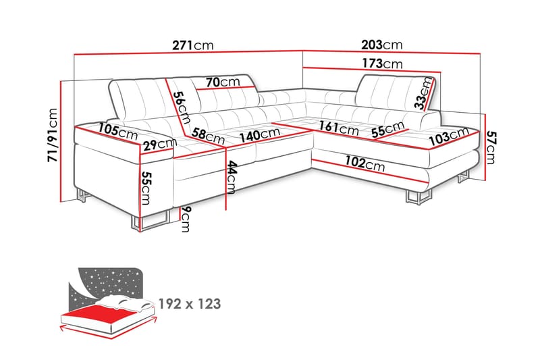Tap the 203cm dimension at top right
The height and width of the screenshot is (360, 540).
382,45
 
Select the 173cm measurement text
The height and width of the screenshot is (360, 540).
382,64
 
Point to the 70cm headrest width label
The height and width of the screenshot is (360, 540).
223,82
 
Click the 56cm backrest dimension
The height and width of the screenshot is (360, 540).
179,106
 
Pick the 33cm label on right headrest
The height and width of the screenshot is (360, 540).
425,93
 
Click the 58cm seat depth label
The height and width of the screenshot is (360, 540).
207,136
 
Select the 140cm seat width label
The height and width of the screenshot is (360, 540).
259,134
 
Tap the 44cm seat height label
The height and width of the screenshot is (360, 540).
233,177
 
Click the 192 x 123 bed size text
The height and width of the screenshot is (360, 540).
189,304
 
